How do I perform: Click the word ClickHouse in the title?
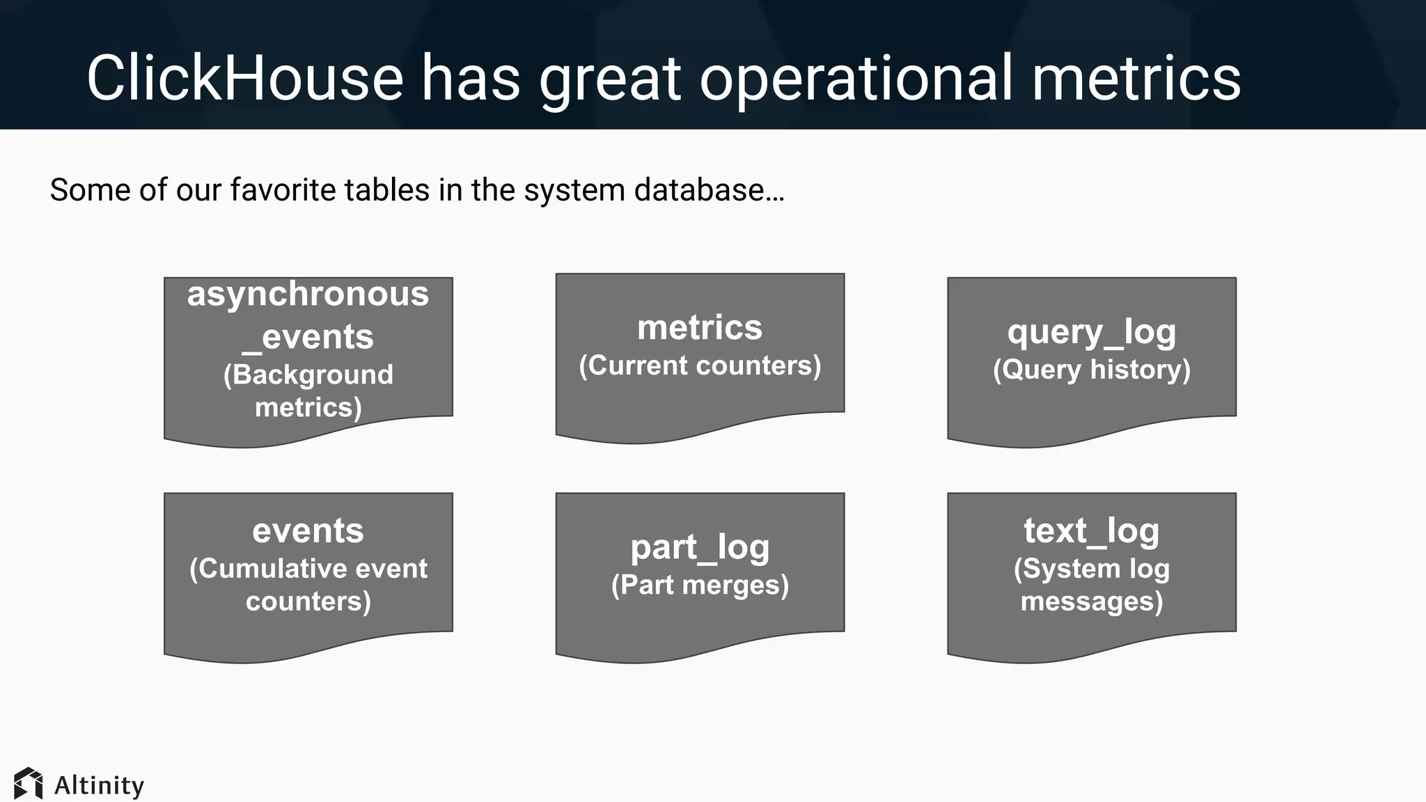coord(244,78)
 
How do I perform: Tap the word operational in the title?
coord(856,78)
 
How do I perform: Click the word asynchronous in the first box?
coord(308,294)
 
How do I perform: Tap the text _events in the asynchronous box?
coord(308,338)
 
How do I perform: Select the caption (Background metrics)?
coord(308,391)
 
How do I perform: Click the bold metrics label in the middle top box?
coord(700,327)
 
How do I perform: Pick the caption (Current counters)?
coord(700,365)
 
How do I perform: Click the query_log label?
coord(1091,332)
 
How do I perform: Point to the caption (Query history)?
coord(1091,370)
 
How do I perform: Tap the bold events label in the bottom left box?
coord(308,530)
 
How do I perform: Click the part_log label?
coord(700,547)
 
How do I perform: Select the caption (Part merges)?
coord(700,585)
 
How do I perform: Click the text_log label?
coord(1091,530)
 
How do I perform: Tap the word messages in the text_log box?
coord(1091,601)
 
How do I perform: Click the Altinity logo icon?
coord(29,784)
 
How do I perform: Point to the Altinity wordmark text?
coord(100,785)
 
